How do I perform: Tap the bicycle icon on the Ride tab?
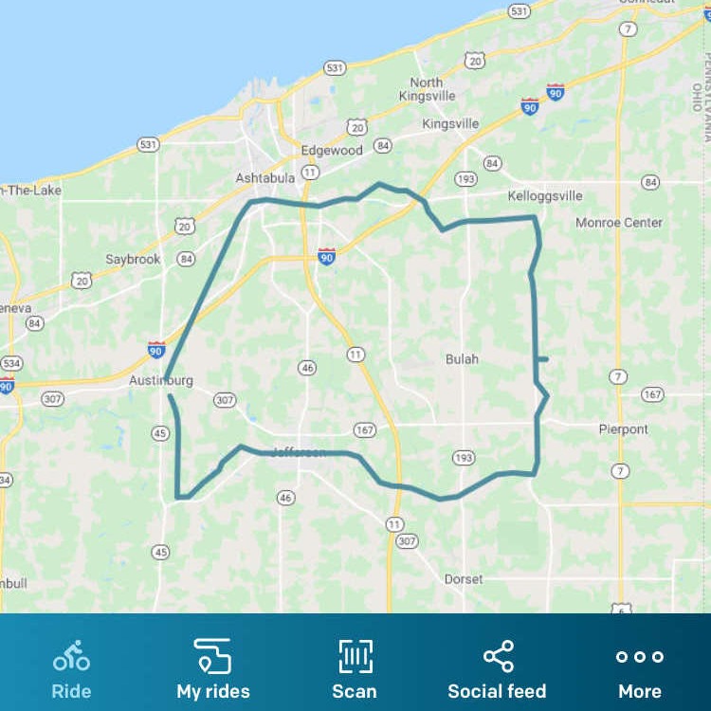(x=71, y=656)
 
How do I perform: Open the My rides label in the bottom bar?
(x=213, y=691)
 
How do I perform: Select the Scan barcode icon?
(x=355, y=656)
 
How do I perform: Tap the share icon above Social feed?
(x=498, y=656)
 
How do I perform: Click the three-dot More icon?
(x=640, y=656)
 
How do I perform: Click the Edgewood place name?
(x=332, y=150)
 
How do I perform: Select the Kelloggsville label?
(x=545, y=196)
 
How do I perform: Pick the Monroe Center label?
(x=619, y=223)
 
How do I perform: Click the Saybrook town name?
(x=133, y=259)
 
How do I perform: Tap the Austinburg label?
(x=161, y=381)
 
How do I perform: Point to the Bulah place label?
(x=462, y=359)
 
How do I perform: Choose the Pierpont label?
(x=624, y=429)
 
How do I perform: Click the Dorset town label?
(x=464, y=579)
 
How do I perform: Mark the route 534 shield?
(x=11, y=363)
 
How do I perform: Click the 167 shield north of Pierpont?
(x=652, y=394)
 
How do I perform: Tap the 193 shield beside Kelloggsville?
(x=465, y=178)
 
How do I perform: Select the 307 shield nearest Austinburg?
(x=225, y=400)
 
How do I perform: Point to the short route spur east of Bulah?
(x=542, y=359)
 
